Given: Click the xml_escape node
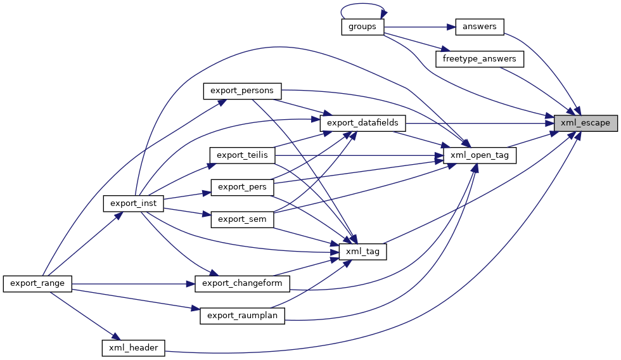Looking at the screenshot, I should tap(585, 123).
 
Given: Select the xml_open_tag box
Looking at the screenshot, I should tap(479, 155).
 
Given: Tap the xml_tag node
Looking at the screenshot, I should tap(363, 252).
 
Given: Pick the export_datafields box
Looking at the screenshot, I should tap(362, 123).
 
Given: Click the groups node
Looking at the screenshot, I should tap(362, 27).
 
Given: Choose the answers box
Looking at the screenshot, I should tap(480, 27).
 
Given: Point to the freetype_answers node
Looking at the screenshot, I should tap(480, 59).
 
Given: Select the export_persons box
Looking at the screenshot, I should tap(241, 91).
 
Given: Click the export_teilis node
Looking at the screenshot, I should tap(241, 155).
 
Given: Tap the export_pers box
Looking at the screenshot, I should tap(241, 188).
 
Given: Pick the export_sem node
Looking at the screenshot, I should tap(241, 219).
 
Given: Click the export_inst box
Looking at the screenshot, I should tap(134, 203).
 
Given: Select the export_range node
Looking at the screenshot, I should tap(38, 283).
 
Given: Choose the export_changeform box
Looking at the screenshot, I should tap(242, 283).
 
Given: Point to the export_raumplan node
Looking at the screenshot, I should tap(242, 315).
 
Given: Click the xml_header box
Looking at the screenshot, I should tap(134, 347).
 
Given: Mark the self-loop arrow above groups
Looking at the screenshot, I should tap(362, 8).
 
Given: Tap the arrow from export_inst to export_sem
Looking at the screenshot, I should tap(188, 212).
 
